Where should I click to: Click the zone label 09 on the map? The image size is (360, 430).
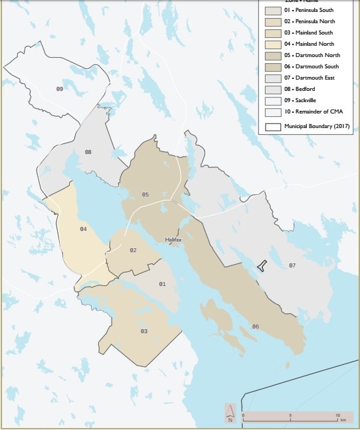pos(59,89)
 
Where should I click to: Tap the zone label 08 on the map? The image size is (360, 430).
pos(88,152)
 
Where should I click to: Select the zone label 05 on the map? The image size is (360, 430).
pos(145,194)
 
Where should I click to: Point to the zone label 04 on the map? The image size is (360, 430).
pos(83,229)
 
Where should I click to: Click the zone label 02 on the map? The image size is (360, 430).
pos(133,250)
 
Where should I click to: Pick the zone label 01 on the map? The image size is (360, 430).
pos(161,284)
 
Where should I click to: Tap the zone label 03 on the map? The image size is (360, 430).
pos(143,330)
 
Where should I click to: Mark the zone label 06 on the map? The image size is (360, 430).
pos(255,326)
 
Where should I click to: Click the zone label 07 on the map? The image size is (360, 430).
pos(292,265)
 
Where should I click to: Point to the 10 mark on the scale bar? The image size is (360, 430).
pos(337,414)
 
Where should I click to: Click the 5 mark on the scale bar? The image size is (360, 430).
pos(290,414)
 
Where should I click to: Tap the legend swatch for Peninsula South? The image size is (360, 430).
pos(272,11)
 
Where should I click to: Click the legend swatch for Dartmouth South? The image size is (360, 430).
pos(272,68)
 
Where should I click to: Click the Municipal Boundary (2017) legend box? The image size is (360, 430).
pos(272,125)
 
